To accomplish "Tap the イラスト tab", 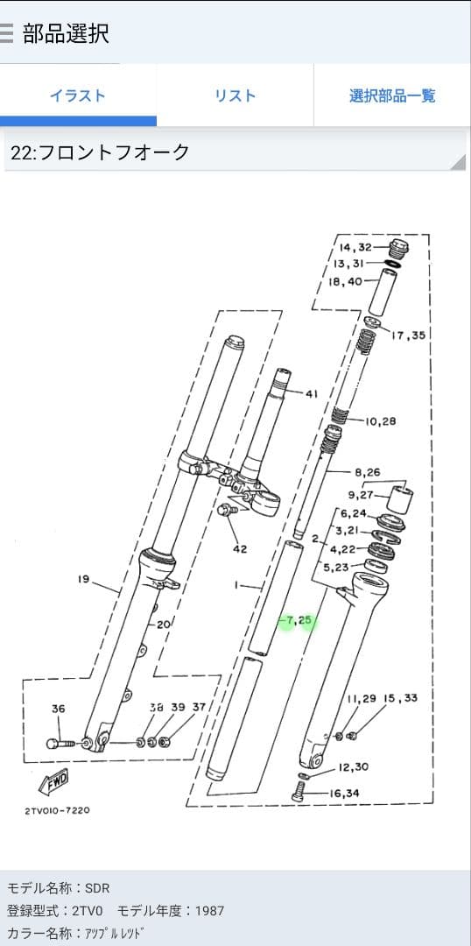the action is point(78,95).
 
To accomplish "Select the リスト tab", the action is point(235,95).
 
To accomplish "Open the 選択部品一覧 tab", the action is point(392,95).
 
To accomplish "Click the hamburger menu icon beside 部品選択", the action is point(6,33).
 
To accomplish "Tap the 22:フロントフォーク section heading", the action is point(100,152).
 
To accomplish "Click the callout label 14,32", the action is point(355,247).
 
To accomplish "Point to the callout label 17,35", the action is point(408,335).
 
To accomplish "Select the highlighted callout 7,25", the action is point(299,620).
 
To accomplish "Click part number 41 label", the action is point(311,394).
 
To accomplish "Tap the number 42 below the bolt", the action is point(240,549).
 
